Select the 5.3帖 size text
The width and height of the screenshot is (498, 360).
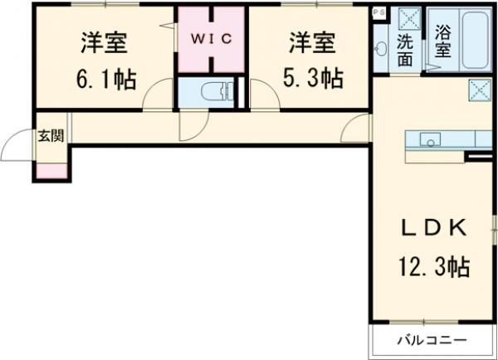[310, 80]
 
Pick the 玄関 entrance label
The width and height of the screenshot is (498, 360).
[48, 136]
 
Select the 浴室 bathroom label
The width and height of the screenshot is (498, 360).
[443, 44]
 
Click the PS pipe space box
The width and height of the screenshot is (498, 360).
[379, 12]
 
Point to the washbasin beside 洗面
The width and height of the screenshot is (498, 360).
[382, 49]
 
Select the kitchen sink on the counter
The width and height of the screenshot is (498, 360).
[430, 140]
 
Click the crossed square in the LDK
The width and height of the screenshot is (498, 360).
[480, 88]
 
